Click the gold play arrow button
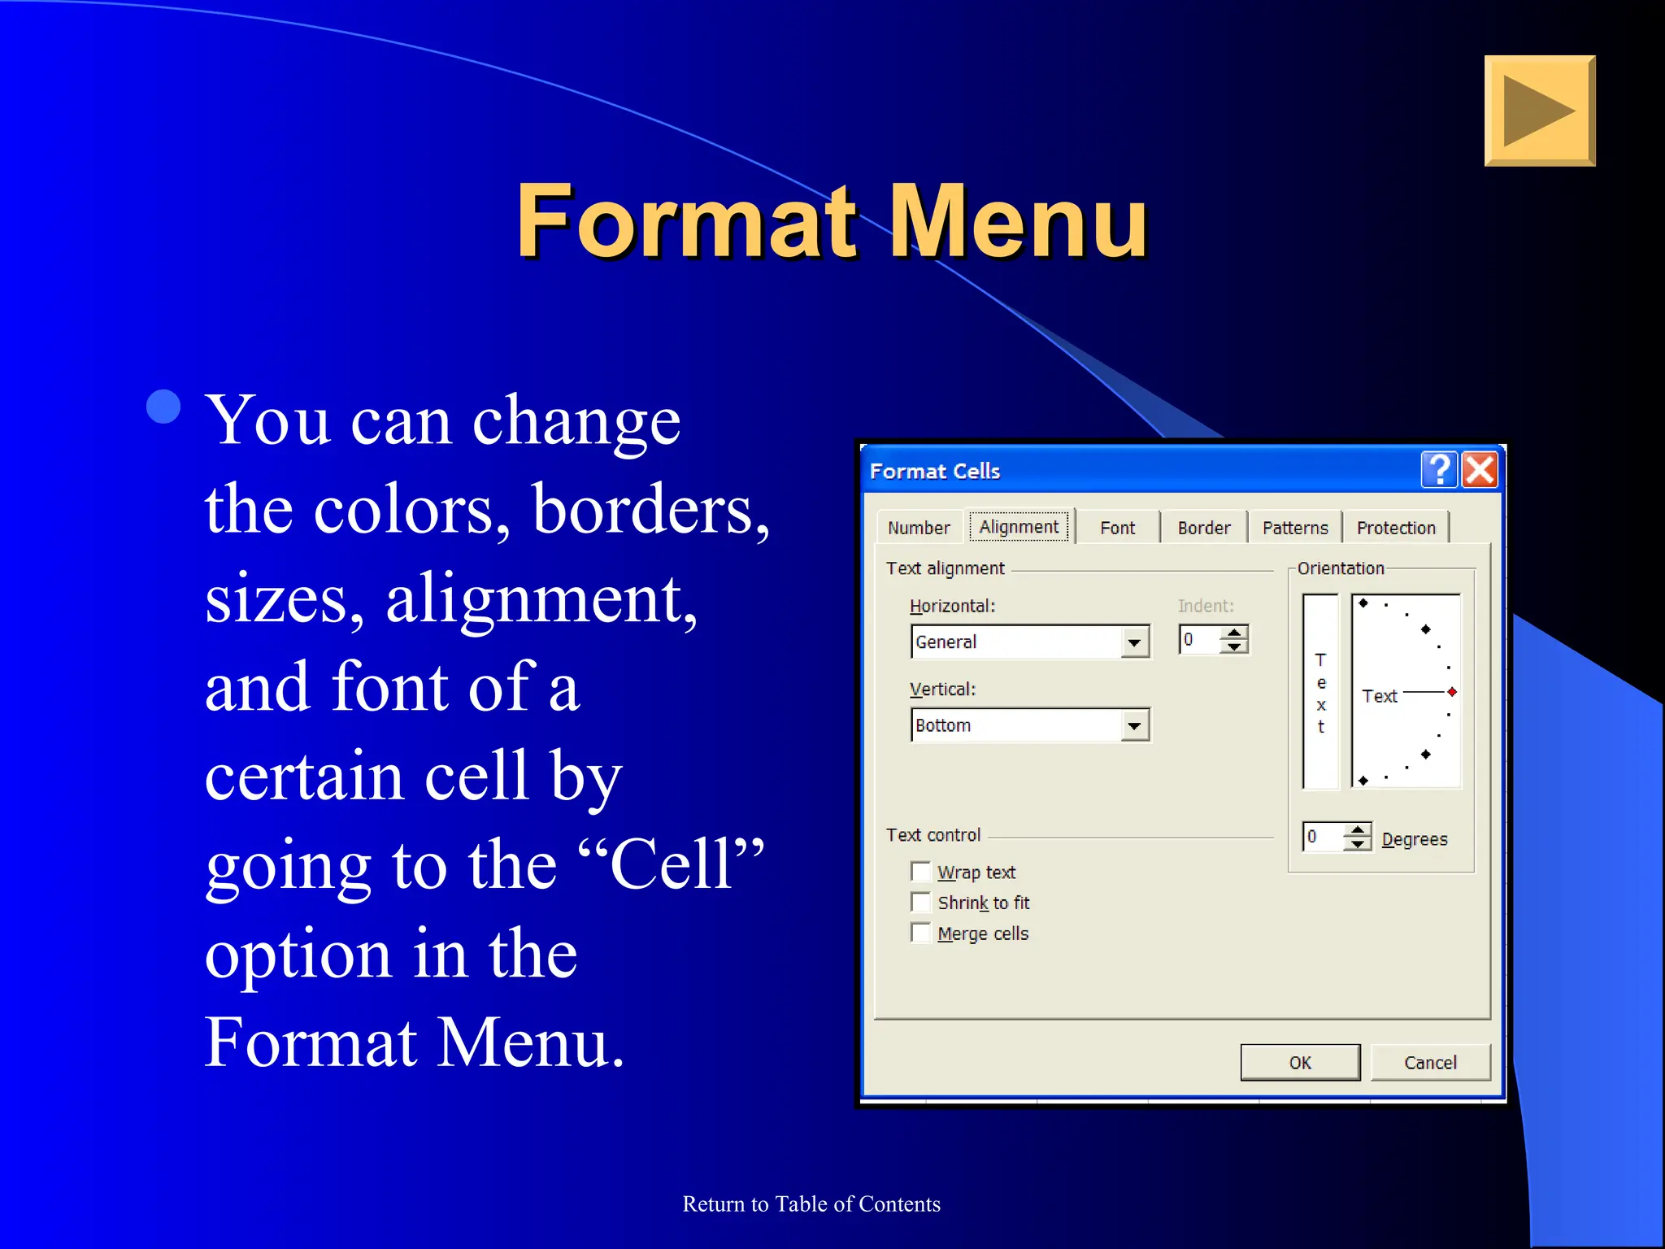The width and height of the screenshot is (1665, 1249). coord(1539,111)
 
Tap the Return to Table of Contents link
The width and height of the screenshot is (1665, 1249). coord(811,1203)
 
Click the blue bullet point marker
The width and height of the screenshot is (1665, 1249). coord(163,407)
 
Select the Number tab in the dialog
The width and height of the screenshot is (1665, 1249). coord(919,528)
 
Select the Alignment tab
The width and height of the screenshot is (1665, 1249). coord(1019,527)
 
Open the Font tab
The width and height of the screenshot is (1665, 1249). coord(1117,528)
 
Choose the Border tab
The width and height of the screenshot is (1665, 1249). coord(1203,528)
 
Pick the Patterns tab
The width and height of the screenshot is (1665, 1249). coord(1294,528)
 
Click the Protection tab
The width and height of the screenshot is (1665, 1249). coord(1395,528)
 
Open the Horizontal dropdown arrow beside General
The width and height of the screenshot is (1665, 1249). coord(1134,642)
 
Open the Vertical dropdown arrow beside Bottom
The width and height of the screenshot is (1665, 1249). coord(1134,725)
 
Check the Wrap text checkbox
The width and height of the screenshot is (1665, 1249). coord(921,872)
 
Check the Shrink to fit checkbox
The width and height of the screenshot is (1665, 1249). coord(921,903)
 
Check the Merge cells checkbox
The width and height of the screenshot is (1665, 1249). coord(921,933)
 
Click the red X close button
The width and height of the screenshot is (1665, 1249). coord(1480,470)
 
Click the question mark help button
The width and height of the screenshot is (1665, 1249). coord(1439,470)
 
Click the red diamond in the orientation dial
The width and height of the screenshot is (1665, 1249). coord(1452,692)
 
